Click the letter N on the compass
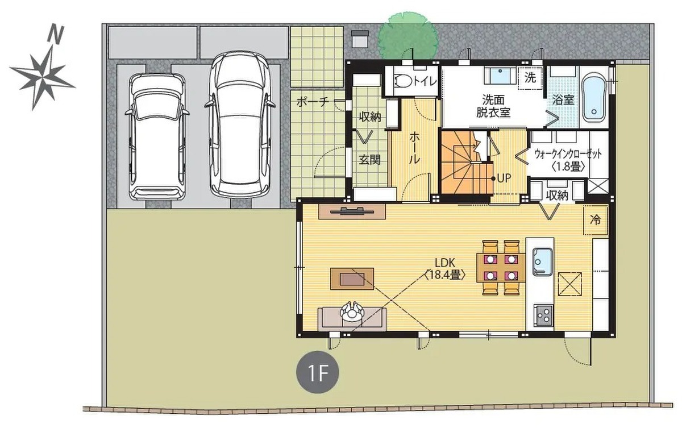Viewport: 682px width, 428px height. click(56, 34)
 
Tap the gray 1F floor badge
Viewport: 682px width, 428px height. click(318, 372)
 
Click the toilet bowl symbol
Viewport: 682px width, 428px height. click(403, 81)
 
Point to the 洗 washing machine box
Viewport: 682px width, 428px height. click(531, 78)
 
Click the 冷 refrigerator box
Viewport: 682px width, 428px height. click(596, 220)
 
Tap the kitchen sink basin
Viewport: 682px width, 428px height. click(542, 261)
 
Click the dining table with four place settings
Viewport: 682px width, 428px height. click(501, 267)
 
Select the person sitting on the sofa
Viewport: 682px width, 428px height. click(352, 311)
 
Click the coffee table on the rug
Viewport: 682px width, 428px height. click(352, 279)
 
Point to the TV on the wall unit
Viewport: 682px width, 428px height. click(352, 211)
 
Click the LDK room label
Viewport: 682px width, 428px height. click(445, 263)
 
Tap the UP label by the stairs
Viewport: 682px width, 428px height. click(504, 178)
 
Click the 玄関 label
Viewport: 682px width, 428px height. click(369, 160)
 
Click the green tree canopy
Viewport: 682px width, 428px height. click(408, 36)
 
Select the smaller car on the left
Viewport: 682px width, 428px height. click(157, 136)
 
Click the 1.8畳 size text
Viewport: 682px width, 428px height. click(568, 166)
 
